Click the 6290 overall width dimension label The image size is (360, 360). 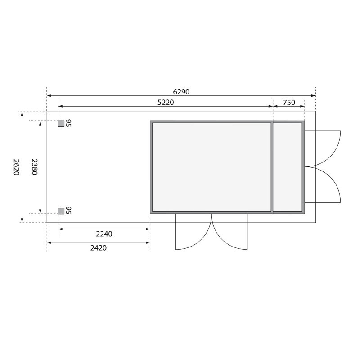pos(181,92)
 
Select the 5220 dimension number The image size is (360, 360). pos(166,103)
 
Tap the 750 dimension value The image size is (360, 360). pos(289,103)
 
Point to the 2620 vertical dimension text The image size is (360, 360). pos(16,167)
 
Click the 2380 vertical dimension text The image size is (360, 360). pos(34,167)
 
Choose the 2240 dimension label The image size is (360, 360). pos(104,234)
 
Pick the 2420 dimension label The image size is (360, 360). pos(99,248)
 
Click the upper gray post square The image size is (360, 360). pos(61,123)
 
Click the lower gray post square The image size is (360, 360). pos(61,211)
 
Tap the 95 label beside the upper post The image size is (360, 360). pos(68,123)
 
